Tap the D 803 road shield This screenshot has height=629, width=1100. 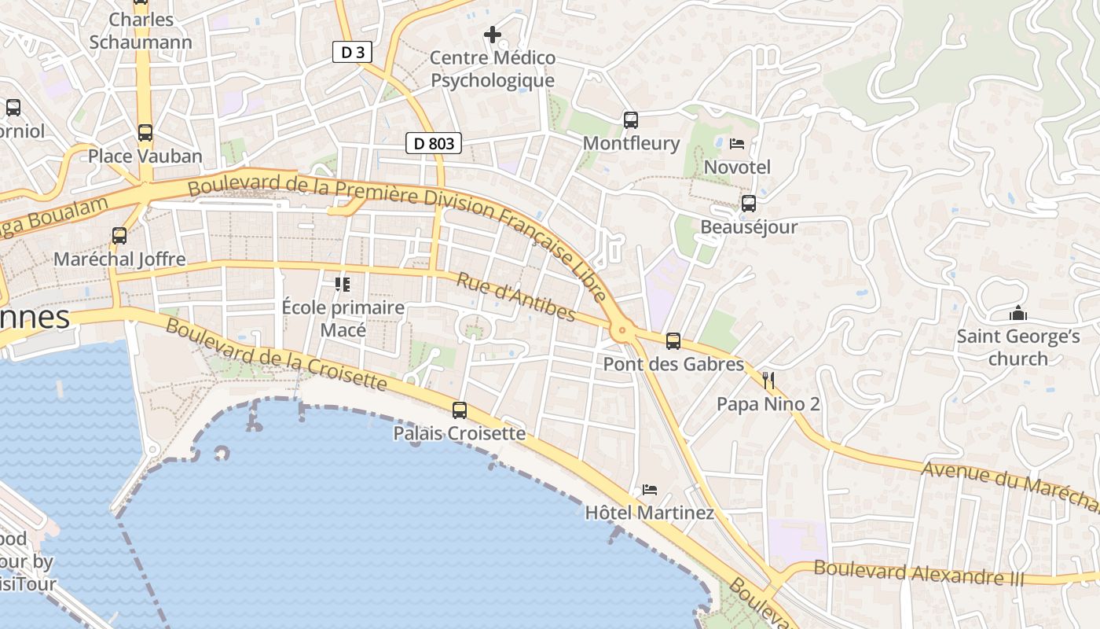pyautogui.click(x=433, y=143)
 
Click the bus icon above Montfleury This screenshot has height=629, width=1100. pyautogui.click(x=631, y=120)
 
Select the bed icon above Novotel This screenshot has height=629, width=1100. pyautogui.click(x=737, y=144)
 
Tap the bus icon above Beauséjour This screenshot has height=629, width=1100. pyautogui.click(x=749, y=204)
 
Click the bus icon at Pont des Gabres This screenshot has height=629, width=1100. pyautogui.click(x=673, y=341)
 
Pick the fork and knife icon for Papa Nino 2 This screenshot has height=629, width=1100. pyautogui.click(x=768, y=381)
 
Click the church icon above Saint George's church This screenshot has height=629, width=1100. pyautogui.click(x=1018, y=314)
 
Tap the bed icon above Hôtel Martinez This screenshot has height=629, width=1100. pyautogui.click(x=650, y=490)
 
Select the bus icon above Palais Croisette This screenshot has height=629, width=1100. pyautogui.click(x=460, y=410)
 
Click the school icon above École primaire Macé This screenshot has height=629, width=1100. pyautogui.click(x=343, y=284)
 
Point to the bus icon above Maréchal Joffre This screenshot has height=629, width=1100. pyautogui.click(x=119, y=236)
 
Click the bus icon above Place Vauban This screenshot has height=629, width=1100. pyautogui.click(x=145, y=133)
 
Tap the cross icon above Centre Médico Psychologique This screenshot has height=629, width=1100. pyautogui.click(x=493, y=35)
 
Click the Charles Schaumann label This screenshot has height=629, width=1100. pyautogui.click(x=141, y=31)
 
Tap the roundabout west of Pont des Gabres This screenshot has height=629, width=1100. pyautogui.click(x=623, y=331)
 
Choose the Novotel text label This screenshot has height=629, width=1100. pyautogui.click(x=737, y=167)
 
